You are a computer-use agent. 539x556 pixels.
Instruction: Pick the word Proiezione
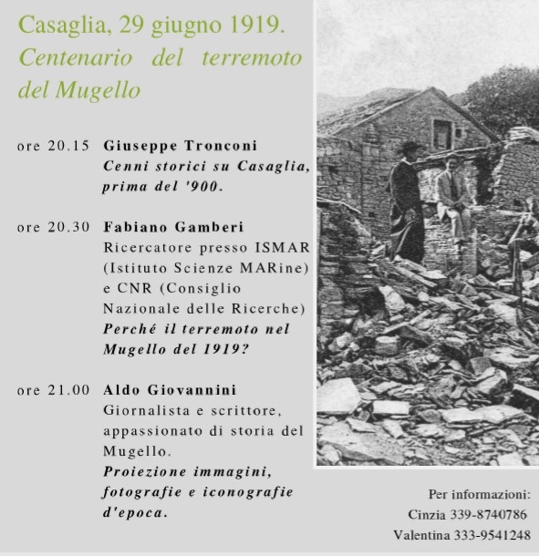pos(145,471)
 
